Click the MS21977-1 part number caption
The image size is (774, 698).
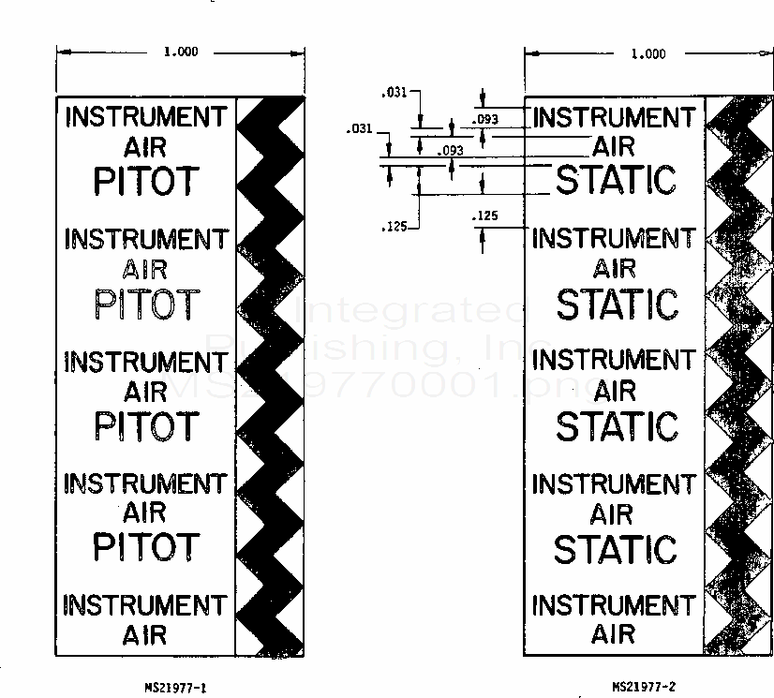(175, 688)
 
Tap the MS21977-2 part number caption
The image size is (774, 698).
(643, 688)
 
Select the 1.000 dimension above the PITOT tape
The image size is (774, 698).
(181, 52)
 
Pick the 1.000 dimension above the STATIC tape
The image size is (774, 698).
(648, 54)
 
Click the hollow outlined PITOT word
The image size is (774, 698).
(147, 304)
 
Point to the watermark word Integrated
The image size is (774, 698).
(417, 310)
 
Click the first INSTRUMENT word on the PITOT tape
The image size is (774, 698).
(146, 117)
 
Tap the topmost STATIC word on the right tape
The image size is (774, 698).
(616, 180)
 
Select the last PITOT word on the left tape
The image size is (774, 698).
(147, 547)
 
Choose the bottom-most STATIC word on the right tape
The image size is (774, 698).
(615, 549)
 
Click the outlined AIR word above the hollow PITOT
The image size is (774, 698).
(145, 269)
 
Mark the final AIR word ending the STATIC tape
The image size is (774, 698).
(614, 634)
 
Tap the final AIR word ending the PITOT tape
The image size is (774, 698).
(145, 634)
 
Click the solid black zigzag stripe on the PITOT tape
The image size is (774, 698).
(270, 375)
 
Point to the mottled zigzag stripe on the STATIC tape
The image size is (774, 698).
(738, 375)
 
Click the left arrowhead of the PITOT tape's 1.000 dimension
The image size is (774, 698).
(61, 53)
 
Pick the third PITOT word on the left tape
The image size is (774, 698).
(147, 425)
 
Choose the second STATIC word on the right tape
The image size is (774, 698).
(616, 304)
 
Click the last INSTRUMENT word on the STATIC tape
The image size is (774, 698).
(614, 605)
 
